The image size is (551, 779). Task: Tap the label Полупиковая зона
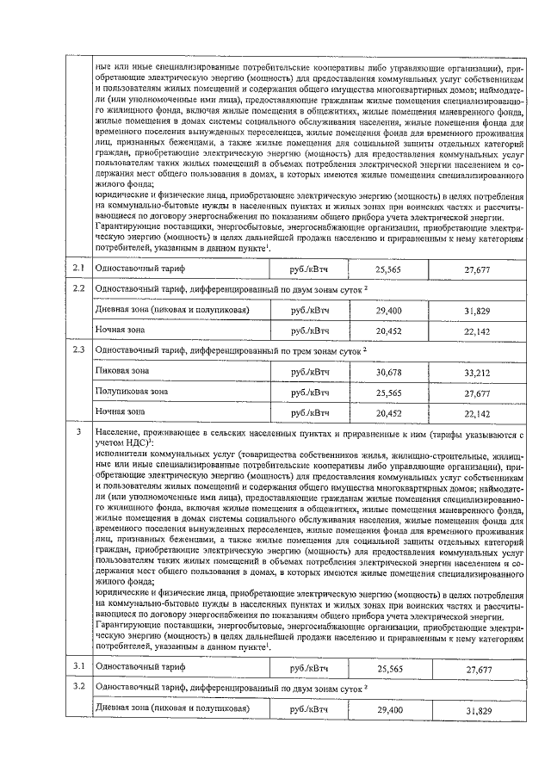(131, 391)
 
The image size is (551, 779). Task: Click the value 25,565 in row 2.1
(390, 270)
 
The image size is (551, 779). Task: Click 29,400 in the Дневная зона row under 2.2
(390, 309)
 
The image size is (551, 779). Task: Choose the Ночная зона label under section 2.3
(120, 411)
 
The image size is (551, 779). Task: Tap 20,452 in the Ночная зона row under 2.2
(390, 330)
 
